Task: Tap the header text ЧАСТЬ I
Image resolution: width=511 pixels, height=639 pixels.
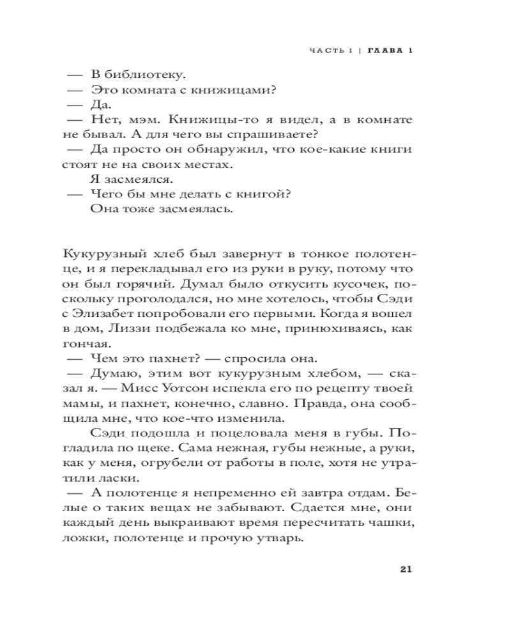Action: point(330,52)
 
